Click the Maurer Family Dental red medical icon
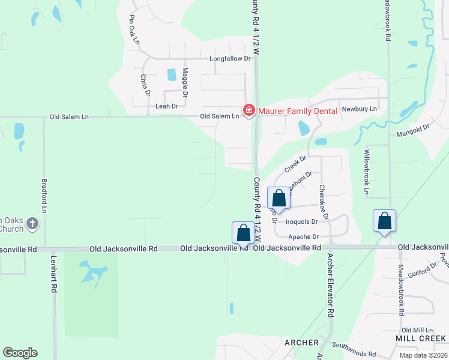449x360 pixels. pyautogui.click(x=247, y=110)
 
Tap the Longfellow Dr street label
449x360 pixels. pyautogui.click(x=229, y=59)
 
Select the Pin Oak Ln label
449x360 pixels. pyautogui.click(x=134, y=29)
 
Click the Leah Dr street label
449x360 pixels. pyautogui.click(x=167, y=106)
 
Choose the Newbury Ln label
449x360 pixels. pyautogui.click(x=359, y=109)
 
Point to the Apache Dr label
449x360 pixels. pyautogui.click(x=303, y=237)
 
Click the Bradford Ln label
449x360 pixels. pyautogui.click(x=44, y=195)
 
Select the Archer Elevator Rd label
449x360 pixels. pyautogui.click(x=330, y=285)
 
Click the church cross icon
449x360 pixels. pyautogui.click(x=32, y=224)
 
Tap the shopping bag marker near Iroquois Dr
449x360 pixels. pyautogui.click(x=279, y=199)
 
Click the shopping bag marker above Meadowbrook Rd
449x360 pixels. pyautogui.click(x=384, y=221)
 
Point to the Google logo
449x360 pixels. pyautogui.click(x=20, y=353)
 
